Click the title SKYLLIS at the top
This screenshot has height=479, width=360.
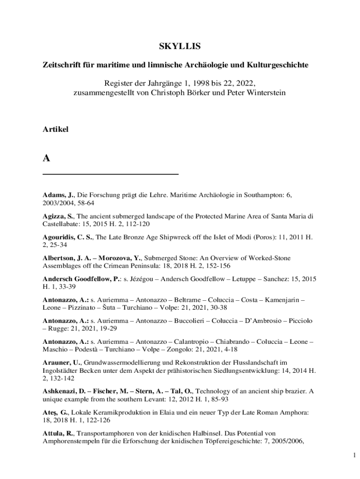(x=180, y=46)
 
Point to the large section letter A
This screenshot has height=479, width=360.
(x=46, y=159)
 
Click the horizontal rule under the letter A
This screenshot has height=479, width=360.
(x=111, y=174)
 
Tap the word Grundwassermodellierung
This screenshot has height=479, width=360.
(x=122, y=362)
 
